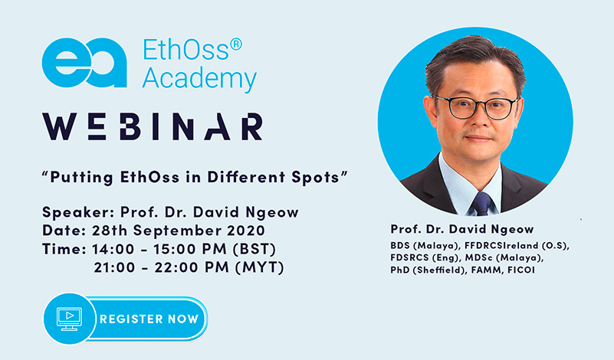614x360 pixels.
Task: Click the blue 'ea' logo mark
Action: point(84,63)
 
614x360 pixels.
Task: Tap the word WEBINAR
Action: point(153,126)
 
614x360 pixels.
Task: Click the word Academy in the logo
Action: point(199,79)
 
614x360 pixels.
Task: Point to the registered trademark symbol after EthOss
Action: point(236,44)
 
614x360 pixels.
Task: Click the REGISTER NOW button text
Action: point(149,319)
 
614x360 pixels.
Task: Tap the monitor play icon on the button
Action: point(69,319)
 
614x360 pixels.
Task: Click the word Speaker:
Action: point(78,212)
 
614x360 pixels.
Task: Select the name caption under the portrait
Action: point(462,229)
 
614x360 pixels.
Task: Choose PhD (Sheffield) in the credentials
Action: point(428,270)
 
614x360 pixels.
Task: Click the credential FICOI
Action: point(521,270)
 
